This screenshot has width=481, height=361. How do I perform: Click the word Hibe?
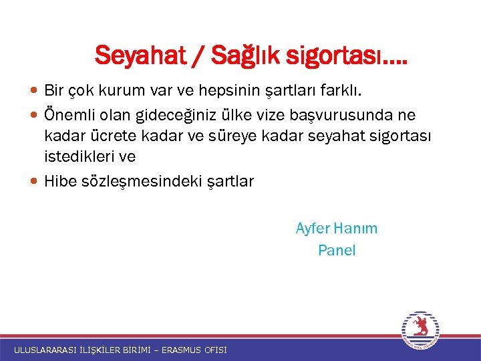pyautogui.click(x=59, y=181)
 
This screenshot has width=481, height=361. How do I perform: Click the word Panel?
pyautogui.click(x=337, y=251)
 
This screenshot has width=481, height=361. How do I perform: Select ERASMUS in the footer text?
pyautogui.click(x=180, y=350)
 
